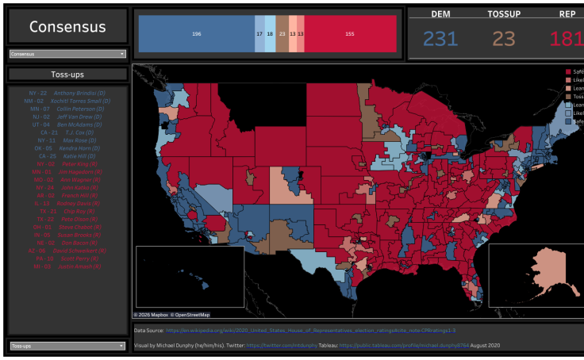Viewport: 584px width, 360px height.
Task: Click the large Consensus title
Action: pos(67,27)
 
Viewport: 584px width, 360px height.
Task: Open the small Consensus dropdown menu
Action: pos(67,54)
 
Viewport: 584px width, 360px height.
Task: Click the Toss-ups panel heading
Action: pos(67,75)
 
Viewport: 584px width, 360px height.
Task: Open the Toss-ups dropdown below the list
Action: pos(67,346)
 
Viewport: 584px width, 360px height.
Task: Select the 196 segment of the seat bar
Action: pos(196,33)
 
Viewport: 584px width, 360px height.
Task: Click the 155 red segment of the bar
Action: pos(350,33)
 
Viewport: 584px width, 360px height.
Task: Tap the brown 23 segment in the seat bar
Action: pos(282,33)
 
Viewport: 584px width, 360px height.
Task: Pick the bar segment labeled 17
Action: pos(259,33)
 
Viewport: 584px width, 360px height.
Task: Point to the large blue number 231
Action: pos(440,38)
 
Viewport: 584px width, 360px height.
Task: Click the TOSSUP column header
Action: pos(505,14)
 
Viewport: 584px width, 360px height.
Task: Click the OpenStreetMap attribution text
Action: pos(188,315)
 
